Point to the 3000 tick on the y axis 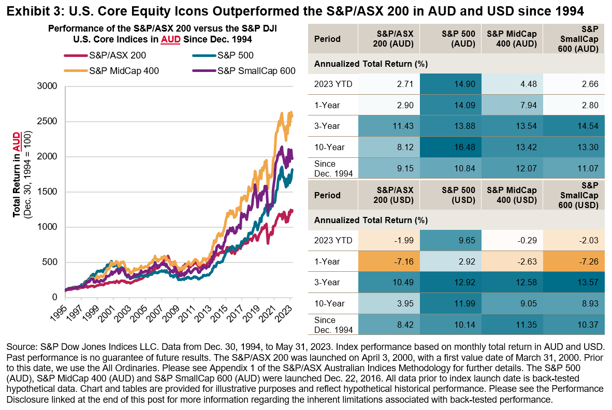(49, 86)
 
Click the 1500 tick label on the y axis (49, 192)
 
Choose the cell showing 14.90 (449, 84)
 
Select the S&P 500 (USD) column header (449, 196)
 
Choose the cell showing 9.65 (449, 240)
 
